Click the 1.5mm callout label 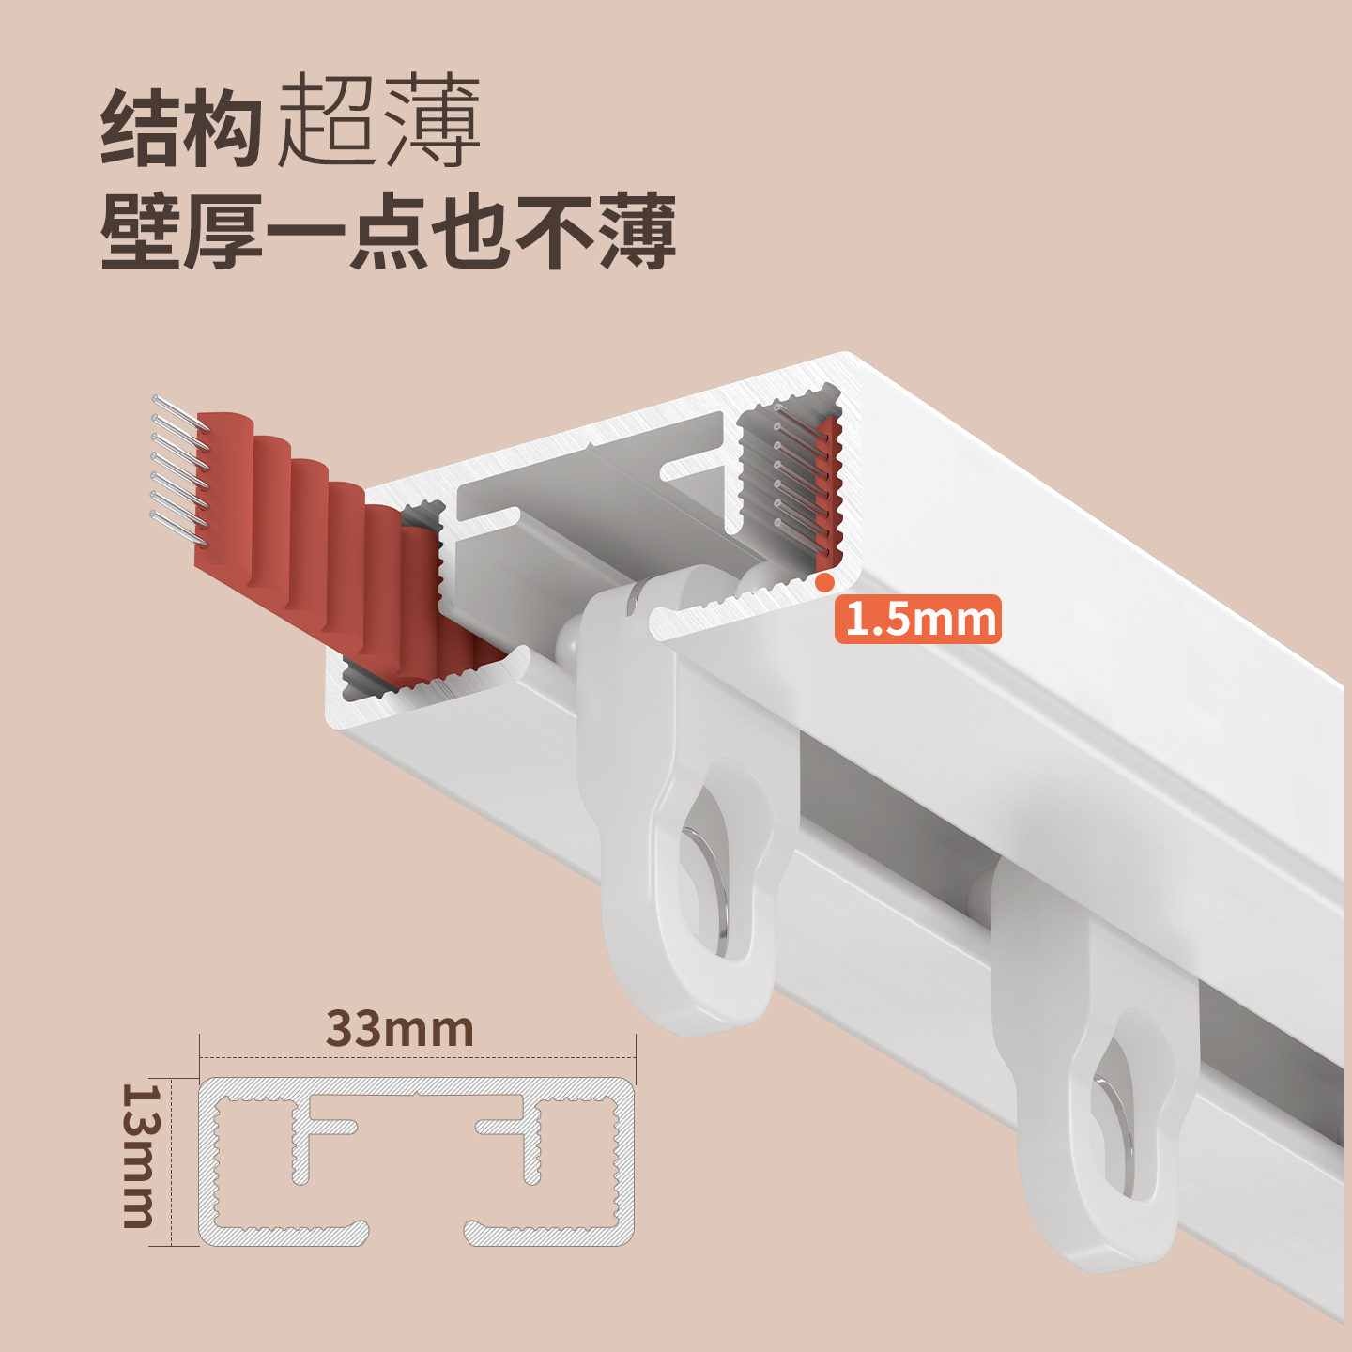point(918,620)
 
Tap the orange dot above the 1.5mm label point(824,582)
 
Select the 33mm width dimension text point(400,1029)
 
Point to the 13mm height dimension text point(141,1156)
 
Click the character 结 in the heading point(141,129)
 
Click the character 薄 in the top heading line point(432,122)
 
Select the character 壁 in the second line point(141,232)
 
